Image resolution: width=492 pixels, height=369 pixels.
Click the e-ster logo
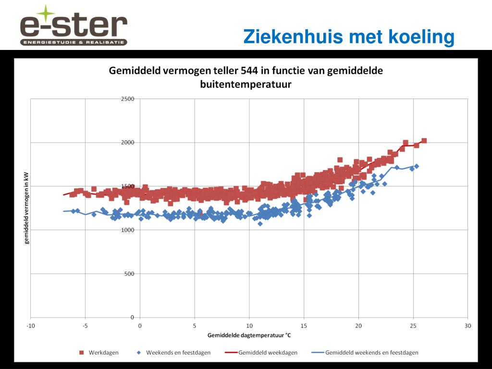(73, 26)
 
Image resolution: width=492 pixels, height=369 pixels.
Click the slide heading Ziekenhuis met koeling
(348, 37)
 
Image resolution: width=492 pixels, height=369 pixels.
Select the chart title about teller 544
(246, 77)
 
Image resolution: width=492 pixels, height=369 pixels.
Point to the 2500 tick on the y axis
(127, 99)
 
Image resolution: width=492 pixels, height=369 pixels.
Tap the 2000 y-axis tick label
(127, 143)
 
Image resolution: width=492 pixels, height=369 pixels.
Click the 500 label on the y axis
(129, 274)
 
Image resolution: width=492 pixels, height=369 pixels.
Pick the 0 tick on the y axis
(132, 318)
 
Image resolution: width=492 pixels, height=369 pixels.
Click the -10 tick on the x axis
(30, 326)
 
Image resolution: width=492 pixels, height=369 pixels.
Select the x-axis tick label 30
(468, 326)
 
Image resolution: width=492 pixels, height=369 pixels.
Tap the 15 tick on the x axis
(304, 326)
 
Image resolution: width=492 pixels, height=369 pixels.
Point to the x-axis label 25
(413, 326)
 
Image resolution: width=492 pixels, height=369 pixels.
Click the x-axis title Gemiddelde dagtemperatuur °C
(249, 335)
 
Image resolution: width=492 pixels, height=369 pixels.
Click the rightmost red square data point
(424, 141)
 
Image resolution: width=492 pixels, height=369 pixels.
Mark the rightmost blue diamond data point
(417, 166)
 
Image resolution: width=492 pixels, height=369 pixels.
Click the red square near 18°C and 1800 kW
(340, 160)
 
